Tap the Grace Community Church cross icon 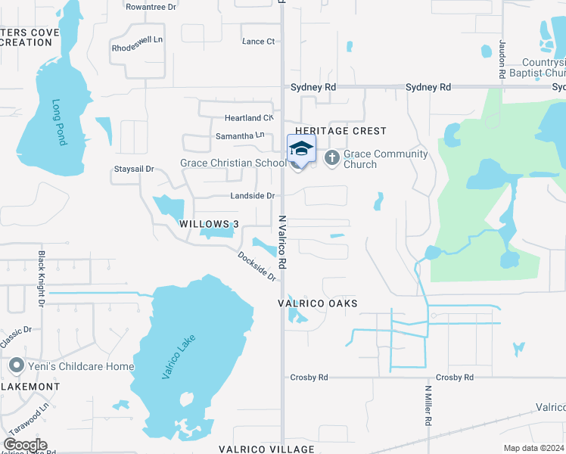[331, 158]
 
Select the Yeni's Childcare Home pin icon [15, 366]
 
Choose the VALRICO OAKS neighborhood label [316, 303]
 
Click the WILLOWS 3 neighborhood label [209, 224]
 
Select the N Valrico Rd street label [281, 241]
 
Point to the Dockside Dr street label [257, 266]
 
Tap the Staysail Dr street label [133, 169]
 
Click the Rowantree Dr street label [151, 6]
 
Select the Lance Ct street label [258, 42]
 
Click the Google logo [24, 445]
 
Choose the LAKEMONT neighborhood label [30, 387]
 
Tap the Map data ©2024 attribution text [533, 448]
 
